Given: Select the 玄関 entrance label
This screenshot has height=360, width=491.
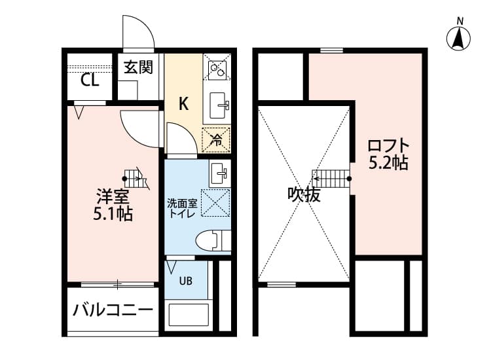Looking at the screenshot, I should click(139, 67).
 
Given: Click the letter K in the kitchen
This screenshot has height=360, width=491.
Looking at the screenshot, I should click(184, 103).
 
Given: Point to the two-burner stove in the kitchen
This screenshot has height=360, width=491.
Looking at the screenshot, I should click(217, 67).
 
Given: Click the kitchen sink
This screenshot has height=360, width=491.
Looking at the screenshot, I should click(217, 103).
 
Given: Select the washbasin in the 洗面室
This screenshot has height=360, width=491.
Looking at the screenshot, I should click(219, 173).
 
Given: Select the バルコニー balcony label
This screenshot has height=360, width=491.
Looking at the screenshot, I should click(113, 309).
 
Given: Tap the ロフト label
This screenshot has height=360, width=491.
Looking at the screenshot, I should click(388, 145).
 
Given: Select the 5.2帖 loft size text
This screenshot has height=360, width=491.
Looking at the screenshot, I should click(388, 163).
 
